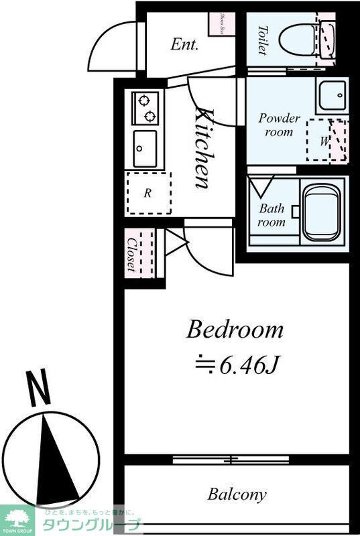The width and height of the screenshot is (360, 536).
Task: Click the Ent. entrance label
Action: point(184,45)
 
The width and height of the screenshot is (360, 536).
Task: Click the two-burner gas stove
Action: point(145,109)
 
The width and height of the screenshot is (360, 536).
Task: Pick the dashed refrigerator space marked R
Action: point(148,193)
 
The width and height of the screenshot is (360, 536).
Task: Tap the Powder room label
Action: point(279,125)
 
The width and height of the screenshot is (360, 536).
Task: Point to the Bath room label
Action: point(272,215)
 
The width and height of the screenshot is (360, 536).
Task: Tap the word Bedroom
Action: point(235,330)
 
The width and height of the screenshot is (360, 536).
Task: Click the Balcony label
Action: point(237,495)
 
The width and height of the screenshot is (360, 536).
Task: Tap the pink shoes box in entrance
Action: point(222,24)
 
